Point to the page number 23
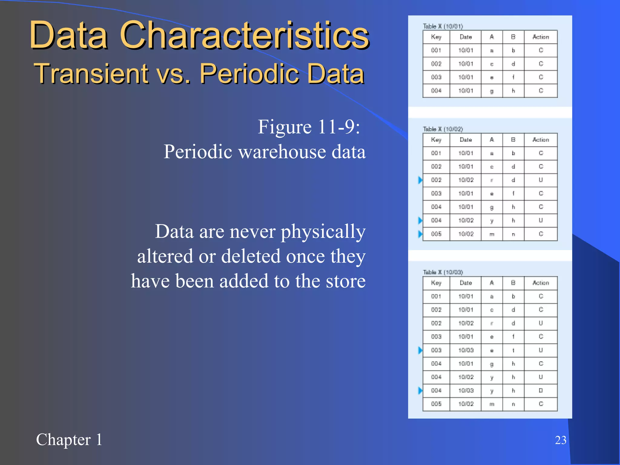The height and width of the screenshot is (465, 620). click(560, 440)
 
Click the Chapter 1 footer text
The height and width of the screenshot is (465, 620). click(69, 440)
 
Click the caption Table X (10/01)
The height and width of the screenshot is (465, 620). click(443, 26)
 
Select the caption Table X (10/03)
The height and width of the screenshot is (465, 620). click(443, 272)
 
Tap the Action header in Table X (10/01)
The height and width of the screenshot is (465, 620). click(540, 37)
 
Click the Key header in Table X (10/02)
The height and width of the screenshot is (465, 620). click(436, 140)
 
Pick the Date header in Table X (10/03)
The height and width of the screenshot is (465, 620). click(465, 283)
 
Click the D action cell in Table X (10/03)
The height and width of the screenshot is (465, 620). click(541, 391)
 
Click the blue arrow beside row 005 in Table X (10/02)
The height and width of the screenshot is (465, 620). click(420, 234)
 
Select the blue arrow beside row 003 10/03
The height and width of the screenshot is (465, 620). click(420, 350)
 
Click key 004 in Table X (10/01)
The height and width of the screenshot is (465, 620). click(436, 91)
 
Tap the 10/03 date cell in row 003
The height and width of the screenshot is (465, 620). click(466, 350)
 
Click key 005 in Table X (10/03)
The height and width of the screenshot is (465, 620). click(436, 404)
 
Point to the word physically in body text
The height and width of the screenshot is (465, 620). click(323, 232)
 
